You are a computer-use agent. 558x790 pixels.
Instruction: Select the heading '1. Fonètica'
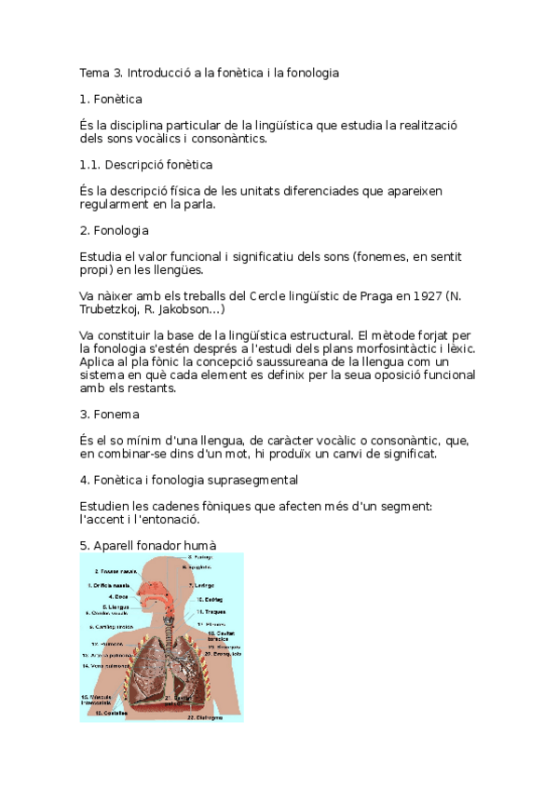coord(111,98)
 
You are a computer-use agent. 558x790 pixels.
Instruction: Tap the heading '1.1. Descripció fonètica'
coord(146,165)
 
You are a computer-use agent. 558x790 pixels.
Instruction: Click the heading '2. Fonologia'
coord(115,230)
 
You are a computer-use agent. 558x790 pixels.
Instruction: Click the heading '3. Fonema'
coord(110,414)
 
